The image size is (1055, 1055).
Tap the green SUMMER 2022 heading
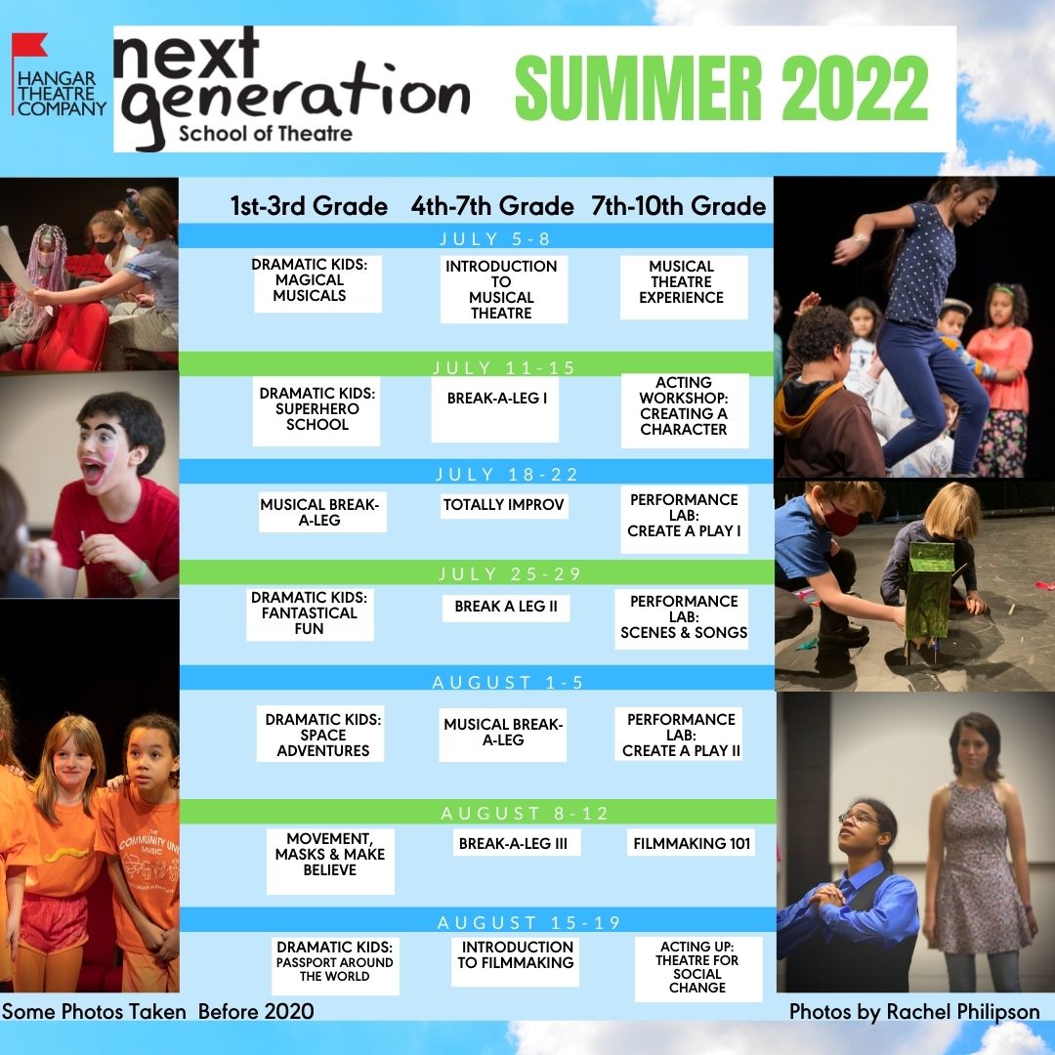click(721, 88)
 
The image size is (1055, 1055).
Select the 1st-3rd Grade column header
click(309, 206)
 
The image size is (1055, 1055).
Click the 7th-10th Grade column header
click(678, 206)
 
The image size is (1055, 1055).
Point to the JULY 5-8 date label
click(495, 239)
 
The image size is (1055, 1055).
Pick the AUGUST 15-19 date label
click(528, 922)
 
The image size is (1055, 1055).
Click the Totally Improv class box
click(504, 505)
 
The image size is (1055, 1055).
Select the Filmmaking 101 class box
click(691, 843)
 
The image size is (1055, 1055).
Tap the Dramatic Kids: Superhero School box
click(316, 409)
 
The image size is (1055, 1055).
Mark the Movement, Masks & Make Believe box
click(330, 860)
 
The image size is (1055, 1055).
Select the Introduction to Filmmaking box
click(516, 961)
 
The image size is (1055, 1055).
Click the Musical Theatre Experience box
click(683, 287)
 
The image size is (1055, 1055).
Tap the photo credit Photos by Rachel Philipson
click(914, 1012)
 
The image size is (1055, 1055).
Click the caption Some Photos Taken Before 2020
click(158, 1012)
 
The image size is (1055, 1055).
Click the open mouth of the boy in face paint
click(93, 470)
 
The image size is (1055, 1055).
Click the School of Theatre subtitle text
click(265, 133)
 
